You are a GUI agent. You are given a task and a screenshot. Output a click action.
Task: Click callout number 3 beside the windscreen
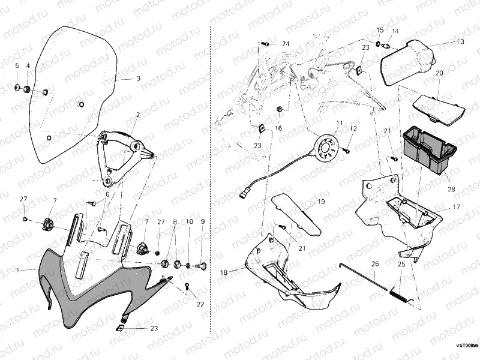coord(138,79)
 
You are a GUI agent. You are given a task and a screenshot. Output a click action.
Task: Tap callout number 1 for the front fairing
coord(19,270)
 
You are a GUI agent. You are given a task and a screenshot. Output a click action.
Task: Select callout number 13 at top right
coord(460,42)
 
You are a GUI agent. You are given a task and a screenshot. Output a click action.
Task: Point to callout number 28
coord(451,189)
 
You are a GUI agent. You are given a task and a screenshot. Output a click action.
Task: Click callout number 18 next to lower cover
coord(223,272)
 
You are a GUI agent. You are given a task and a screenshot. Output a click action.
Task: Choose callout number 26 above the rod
coord(375,263)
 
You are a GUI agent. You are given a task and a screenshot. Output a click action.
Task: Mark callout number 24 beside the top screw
coord(285,44)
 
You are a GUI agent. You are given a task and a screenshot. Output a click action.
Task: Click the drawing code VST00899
coord(467,346)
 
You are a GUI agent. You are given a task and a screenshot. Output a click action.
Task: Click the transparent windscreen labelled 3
coord(72,90)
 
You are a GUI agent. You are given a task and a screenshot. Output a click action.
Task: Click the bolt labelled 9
coord(202,264)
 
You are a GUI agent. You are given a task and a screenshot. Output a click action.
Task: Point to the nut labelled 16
coord(279,109)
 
